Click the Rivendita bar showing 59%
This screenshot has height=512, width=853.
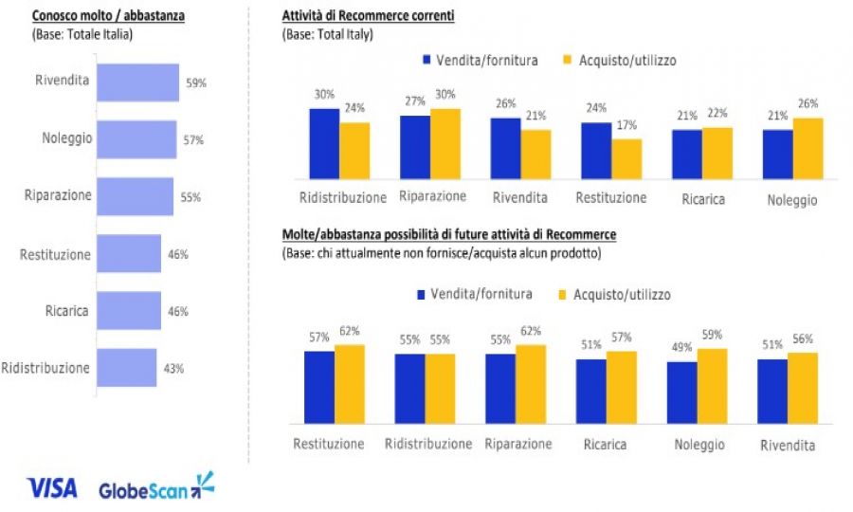coord(137,82)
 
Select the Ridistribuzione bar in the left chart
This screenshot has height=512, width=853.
coord(126,368)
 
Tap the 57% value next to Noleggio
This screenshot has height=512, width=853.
coord(193,140)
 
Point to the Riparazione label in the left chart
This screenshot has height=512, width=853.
coord(58,195)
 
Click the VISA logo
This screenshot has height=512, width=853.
coord(53,488)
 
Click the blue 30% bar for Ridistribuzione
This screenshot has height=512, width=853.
coord(324,142)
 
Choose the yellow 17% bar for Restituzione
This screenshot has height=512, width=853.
coord(626,158)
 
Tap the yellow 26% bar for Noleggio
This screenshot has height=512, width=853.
coord(808,148)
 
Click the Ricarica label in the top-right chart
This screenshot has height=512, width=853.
coord(702,200)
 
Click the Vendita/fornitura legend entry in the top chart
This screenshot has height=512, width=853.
coord(479,60)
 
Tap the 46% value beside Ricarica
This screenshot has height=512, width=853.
coord(178,311)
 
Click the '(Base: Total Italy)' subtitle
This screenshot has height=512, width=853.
coord(328,35)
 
